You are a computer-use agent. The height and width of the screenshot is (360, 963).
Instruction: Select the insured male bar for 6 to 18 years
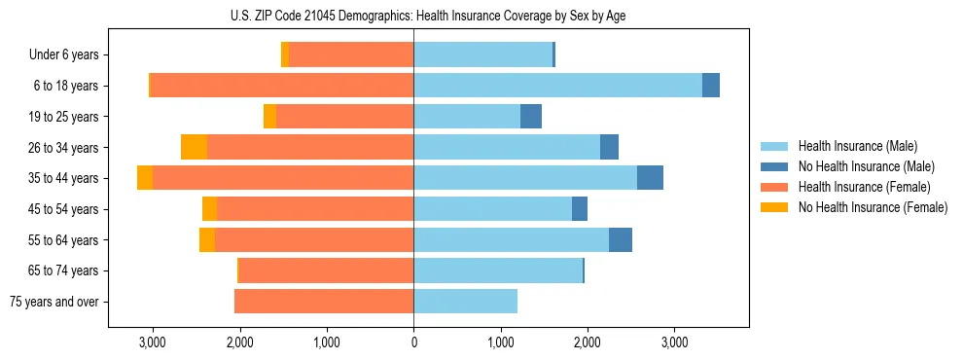point(557,86)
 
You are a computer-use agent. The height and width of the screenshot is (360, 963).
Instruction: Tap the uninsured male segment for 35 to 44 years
point(650,178)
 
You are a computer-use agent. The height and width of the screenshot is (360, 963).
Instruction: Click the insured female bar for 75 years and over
point(324,302)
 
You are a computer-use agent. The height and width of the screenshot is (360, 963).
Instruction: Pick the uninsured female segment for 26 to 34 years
point(194,147)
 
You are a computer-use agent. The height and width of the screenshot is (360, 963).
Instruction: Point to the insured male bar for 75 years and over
point(465,302)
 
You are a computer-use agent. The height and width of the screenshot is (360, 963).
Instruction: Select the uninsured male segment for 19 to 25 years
point(531,117)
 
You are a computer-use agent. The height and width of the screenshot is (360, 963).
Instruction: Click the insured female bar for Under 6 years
point(351,54)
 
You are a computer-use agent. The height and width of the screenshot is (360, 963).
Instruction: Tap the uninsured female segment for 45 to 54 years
point(209,209)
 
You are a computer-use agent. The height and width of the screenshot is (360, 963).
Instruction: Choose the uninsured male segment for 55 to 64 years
point(621,239)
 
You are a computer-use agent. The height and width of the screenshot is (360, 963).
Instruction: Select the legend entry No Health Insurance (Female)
point(873,207)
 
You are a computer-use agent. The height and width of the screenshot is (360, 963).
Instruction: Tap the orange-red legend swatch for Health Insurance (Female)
point(774,187)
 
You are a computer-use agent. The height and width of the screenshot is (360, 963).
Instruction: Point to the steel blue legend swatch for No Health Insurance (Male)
point(774,166)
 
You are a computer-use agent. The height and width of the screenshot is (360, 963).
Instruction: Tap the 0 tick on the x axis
point(413,342)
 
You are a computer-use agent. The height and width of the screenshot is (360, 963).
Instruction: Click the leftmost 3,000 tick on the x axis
point(153,342)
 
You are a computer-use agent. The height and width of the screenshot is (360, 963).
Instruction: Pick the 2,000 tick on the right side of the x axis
point(588,342)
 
